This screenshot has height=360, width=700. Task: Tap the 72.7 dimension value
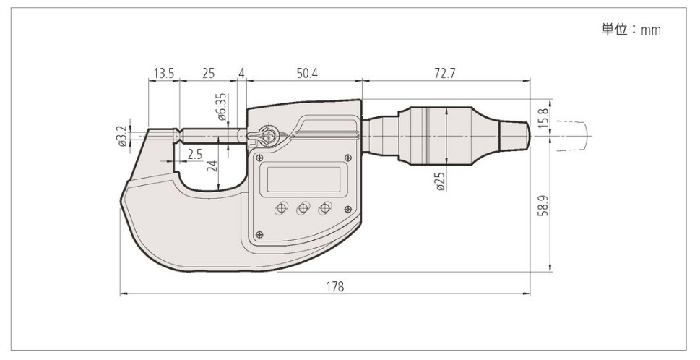tap(445, 73)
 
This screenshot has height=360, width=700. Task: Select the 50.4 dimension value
tap(307, 73)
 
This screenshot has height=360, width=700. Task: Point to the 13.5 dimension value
tap(164, 73)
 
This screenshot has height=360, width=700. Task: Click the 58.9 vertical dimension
tap(543, 205)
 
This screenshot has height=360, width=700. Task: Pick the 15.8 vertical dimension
tap(543, 117)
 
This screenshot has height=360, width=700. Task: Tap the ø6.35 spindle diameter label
tap(222, 107)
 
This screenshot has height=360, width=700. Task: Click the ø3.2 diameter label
tap(121, 136)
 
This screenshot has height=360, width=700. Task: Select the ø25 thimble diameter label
tap(440, 181)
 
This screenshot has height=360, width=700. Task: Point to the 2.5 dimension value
tap(194, 155)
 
